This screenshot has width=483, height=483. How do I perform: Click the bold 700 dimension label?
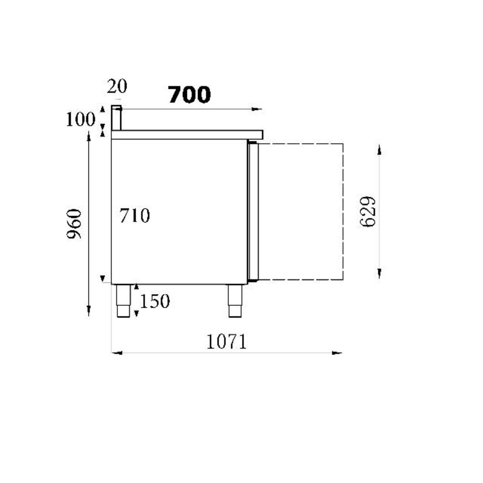[x=189, y=95]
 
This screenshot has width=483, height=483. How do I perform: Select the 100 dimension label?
[x=80, y=119]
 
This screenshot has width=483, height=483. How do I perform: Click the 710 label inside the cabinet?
[x=135, y=216]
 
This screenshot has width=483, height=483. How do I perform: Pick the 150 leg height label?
[x=155, y=301]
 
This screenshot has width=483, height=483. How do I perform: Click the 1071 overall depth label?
[x=227, y=342]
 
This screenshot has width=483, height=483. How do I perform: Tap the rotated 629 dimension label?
[x=368, y=212]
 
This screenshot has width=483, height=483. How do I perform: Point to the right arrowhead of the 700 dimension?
[x=257, y=109]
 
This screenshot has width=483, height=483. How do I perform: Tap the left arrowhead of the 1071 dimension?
[x=116, y=353]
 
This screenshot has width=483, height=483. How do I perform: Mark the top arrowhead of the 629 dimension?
[x=380, y=149]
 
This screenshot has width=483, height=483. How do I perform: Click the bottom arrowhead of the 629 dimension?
[x=380, y=274]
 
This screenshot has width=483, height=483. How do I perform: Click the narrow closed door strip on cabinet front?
[x=253, y=211]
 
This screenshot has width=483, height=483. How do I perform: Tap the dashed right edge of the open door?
[x=343, y=212]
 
